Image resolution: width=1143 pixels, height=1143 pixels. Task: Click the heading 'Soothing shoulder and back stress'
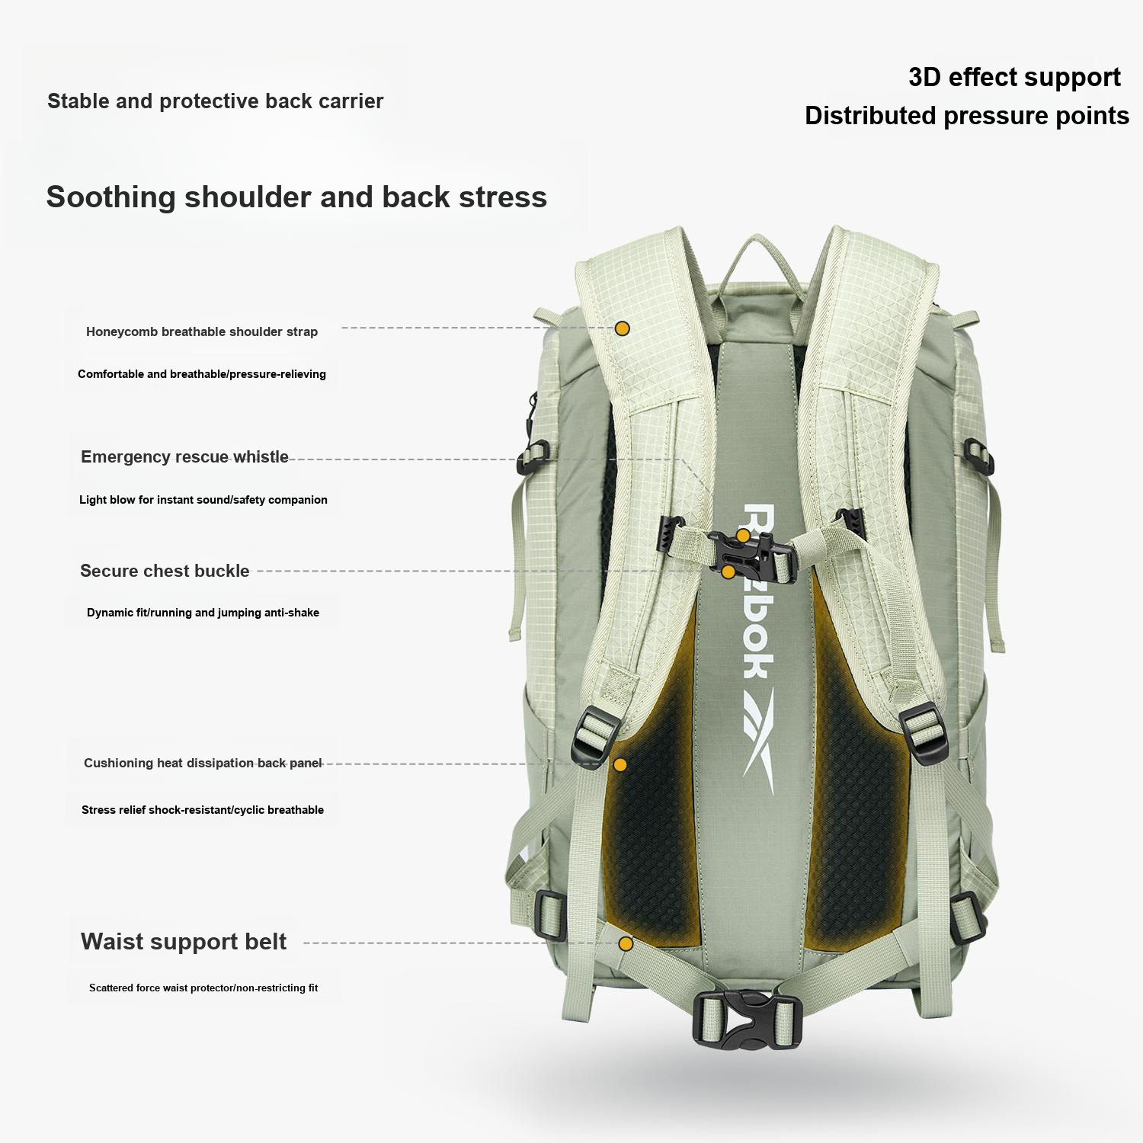[x=296, y=197]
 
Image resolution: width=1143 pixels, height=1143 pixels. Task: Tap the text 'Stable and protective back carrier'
[x=216, y=101]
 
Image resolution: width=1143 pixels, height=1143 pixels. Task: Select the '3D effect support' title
[x=1014, y=78]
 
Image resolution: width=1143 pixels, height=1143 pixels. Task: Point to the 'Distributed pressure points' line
[x=967, y=116]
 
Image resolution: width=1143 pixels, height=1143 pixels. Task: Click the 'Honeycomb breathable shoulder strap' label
[x=202, y=331]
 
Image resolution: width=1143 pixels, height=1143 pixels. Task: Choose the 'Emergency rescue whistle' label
[x=184, y=456]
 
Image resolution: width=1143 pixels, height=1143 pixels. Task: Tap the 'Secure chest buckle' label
[x=165, y=571]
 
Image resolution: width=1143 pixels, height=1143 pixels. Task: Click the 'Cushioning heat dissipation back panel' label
[x=203, y=763]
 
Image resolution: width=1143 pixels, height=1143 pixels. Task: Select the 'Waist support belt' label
[x=184, y=942]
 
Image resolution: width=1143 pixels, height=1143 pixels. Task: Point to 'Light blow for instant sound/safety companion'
[x=203, y=500]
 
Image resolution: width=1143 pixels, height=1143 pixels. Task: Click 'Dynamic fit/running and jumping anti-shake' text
[x=203, y=613]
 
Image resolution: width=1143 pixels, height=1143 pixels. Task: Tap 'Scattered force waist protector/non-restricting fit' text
[x=203, y=988]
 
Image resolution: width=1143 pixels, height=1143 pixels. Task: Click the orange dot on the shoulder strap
[x=623, y=328]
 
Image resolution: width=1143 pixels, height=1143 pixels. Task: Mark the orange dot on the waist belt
[x=626, y=943]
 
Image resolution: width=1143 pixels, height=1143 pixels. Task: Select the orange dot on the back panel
[x=620, y=764]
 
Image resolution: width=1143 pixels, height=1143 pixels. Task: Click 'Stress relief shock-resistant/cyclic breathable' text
[x=203, y=810]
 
